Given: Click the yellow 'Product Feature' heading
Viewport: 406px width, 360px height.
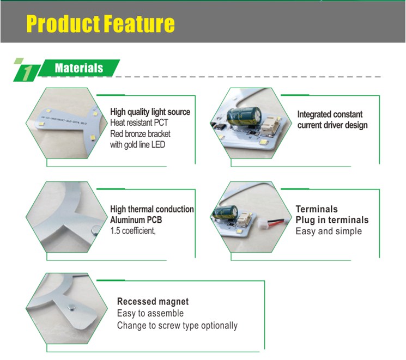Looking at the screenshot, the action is click(100, 24).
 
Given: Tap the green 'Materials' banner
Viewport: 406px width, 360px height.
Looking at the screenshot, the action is click(78, 68).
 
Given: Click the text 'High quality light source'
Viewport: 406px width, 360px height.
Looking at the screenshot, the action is click(150, 112).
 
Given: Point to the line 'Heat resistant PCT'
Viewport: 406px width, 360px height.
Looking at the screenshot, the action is click(139, 123).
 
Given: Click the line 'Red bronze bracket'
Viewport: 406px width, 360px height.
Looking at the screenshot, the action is click(141, 134).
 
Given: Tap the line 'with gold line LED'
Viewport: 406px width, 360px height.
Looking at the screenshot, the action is click(138, 145).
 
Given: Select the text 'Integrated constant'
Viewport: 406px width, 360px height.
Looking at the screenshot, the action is click(330, 114).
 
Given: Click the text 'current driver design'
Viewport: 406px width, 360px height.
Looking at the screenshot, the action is click(332, 125).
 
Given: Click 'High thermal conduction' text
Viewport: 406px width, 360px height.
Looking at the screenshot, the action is click(152, 209).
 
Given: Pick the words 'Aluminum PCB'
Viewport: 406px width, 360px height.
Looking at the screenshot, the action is click(136, 220).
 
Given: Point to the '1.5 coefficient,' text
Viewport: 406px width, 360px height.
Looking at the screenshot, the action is click(133, 230).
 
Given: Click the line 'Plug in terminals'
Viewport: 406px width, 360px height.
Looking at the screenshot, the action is click(332, 220).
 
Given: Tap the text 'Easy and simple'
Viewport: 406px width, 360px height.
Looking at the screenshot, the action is click(329, 231).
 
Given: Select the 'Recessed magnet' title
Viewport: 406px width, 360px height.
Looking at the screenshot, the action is click(153, 302).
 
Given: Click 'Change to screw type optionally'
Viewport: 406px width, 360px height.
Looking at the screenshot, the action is click(177, 326).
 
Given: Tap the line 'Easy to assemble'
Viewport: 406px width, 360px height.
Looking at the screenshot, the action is click(150, 313).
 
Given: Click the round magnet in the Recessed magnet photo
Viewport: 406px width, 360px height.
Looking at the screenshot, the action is click(71, 307).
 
